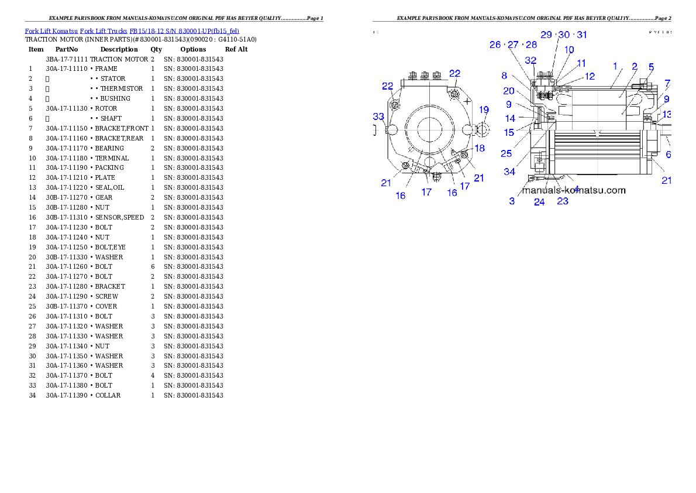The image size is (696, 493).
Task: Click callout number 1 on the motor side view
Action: [x=615, y=67]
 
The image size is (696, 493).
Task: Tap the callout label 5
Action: [x=651, y=67]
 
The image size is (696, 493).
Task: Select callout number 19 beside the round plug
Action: [x=484, y=109]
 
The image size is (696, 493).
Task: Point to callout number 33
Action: [x=379, y=117]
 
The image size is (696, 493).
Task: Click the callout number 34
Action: [x=510, y=172]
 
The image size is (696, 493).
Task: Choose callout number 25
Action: [x=507, y=153]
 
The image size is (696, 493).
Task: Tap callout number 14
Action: [x=511, y=118]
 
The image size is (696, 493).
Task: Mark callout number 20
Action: [x=509, y=91]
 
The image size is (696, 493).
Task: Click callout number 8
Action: [x=504, y=76]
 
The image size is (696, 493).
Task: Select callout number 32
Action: [x=530, y=60]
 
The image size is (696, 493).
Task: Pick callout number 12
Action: [x=590, y=76]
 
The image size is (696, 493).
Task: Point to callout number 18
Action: [x=480, y=148]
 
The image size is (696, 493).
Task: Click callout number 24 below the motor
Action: [x=539, y=202]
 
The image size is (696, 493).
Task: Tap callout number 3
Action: [x=512, y=201]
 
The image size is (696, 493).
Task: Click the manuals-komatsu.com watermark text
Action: [x=574, y=190]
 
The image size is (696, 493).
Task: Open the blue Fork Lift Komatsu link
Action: [x=132, y=30]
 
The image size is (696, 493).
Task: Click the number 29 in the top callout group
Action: [x=546, y=35]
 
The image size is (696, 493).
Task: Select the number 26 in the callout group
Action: [x=495, y=45]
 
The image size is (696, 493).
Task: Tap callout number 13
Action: [x=667, y=114]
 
